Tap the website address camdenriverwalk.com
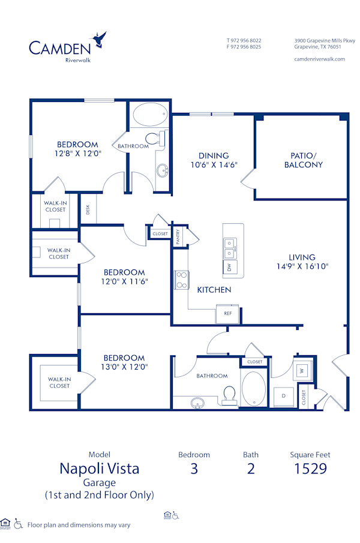pos(320,59)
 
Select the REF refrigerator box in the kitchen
pos(227,313)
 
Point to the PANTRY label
pos(178,236)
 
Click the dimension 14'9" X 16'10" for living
pos(302,266)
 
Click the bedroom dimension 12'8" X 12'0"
pos(77,153)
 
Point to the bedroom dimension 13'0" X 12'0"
pos(124,367)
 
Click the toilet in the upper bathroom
pos(152,139)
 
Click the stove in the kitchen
pos(181,280)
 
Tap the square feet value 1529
pos(310,469)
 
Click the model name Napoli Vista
pos(99,469)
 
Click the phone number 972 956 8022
pos(247,41)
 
